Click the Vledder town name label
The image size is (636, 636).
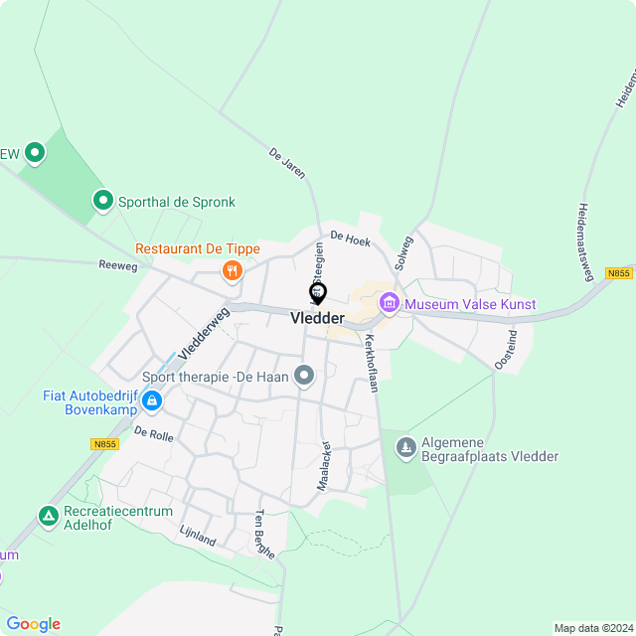317,318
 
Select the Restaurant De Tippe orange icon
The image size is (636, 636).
233,269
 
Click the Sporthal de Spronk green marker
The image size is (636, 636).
102,202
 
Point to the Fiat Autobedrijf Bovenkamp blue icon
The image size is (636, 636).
152,400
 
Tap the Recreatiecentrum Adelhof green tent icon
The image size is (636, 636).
48,516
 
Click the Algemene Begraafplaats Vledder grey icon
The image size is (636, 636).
404,448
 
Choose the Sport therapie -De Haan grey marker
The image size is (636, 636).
305,376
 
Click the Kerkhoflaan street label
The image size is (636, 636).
372,362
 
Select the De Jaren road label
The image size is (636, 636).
286,163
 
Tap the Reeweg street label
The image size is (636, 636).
117,266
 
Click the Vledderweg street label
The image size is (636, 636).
204,332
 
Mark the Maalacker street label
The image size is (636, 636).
323,465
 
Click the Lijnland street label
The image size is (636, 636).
198,538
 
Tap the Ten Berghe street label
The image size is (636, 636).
264,534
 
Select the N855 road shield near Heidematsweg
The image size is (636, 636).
618,273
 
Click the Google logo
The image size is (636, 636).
33,624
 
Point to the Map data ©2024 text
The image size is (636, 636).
592,628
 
